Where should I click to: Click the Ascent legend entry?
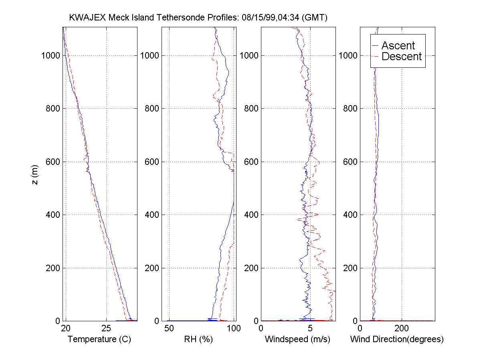pos(398,46)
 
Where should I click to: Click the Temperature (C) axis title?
pos(99,339)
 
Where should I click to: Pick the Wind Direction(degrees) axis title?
pos(397,339)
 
